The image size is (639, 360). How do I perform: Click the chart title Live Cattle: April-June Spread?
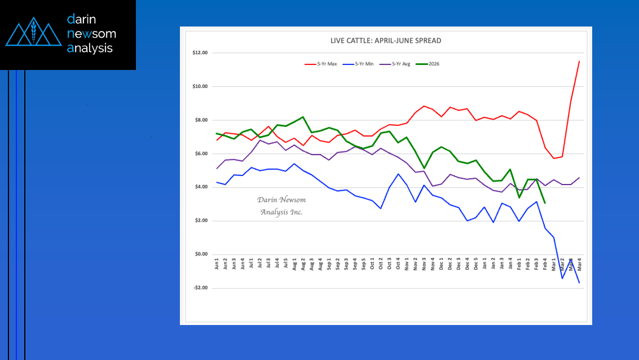386,41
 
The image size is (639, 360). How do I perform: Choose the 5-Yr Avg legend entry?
400,64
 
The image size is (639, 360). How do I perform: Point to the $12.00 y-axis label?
200,53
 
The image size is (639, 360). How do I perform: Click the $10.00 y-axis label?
200,86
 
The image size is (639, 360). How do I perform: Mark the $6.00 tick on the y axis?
201,153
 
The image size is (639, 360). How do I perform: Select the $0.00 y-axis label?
201,254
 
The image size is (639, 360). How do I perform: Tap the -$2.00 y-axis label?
200,288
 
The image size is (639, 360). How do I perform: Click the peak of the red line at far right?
579,61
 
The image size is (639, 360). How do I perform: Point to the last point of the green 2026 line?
545,203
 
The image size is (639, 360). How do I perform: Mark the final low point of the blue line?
579,283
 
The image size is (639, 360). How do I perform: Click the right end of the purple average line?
579,177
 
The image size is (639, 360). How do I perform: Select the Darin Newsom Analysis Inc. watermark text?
280,206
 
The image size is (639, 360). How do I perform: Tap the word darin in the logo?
82,19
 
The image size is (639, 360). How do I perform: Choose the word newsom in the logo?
91,34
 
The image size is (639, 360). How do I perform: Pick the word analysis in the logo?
90,49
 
